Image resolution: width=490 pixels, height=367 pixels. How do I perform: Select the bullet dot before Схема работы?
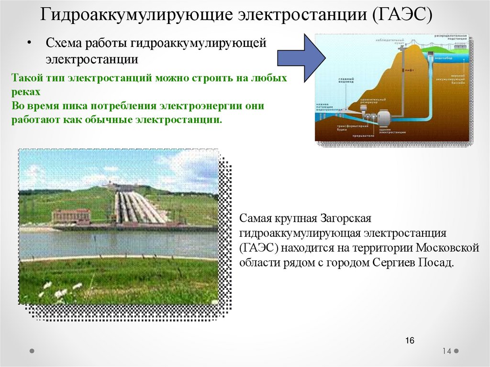point(29,44)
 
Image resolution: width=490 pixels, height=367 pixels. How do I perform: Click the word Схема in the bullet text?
point(64,44)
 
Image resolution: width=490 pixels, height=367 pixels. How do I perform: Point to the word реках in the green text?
point(24,91)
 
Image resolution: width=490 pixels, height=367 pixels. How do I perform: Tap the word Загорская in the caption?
point(345,219)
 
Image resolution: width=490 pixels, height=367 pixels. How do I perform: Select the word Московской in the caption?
point(447,248)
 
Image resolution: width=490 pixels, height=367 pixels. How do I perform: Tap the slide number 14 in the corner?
point(447,351)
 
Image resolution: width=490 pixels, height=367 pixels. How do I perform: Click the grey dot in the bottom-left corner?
point(32,351)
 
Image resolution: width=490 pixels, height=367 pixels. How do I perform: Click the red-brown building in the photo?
point(71,217)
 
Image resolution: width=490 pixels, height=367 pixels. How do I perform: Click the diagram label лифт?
point(407,70)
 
